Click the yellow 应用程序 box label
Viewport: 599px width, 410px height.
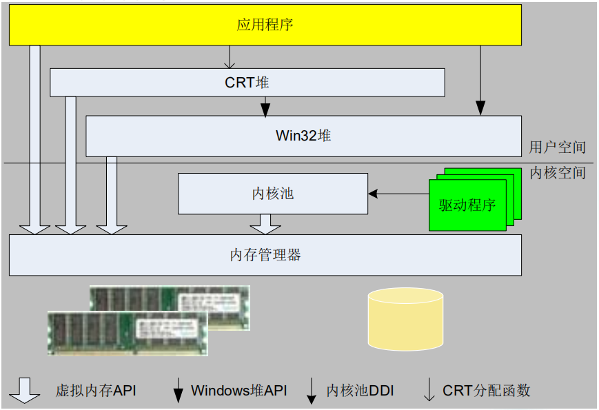point(265,26)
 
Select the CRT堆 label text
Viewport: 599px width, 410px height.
point(247,83)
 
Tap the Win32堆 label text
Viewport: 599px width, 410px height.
point(303,135)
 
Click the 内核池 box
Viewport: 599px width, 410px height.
point(273,194)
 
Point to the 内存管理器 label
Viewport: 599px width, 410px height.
point(265,255)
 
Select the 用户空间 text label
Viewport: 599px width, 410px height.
point(557,147)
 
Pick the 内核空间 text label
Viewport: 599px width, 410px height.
point(557,172)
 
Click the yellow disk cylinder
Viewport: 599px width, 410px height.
point(405,318)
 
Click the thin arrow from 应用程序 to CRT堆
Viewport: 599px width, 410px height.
point(230,57)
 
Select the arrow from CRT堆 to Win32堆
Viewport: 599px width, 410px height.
point(265,106)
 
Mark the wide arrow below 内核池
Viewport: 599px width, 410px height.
point(265,223)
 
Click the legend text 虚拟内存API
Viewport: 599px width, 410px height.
point(96,391)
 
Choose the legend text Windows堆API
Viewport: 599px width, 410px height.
point(238,391)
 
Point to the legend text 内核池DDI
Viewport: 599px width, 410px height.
point(360,391)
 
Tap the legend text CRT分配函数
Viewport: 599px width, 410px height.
point(487,391)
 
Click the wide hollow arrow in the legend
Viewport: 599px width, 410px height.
point(24,390)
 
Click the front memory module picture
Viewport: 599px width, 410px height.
point(127,332)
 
